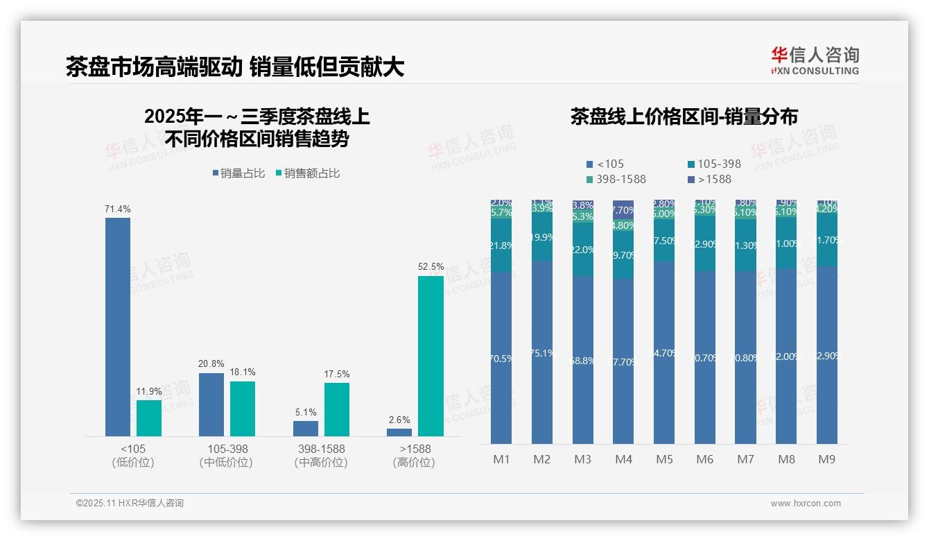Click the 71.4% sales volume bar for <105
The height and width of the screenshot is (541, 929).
(x=118, y=327)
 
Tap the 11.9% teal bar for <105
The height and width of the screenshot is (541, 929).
(x=148, y=418)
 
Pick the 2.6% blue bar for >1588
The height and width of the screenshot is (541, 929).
(x=399, y=432)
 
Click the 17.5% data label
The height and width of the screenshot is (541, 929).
(x=337, y=375)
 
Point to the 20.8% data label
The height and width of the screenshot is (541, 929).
(x=211, y=364)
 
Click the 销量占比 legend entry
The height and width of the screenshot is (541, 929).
(x=238, y=173)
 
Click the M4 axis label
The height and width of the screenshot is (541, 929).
(x=623, y=459)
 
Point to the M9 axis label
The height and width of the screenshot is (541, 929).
(x=827, y=459)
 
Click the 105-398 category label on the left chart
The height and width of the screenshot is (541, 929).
(x=227, y=449)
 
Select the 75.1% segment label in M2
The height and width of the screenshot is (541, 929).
(x=542, y=353)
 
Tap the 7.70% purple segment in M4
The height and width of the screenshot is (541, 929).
(x=623, y=209)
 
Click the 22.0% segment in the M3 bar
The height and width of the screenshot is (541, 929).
(x=583, y=250)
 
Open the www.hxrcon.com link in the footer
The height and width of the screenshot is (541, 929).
(x=806, y=504)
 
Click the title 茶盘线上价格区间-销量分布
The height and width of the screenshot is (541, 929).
(x=684, y=117)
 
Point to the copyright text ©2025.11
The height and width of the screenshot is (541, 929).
(x=130, y=504)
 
